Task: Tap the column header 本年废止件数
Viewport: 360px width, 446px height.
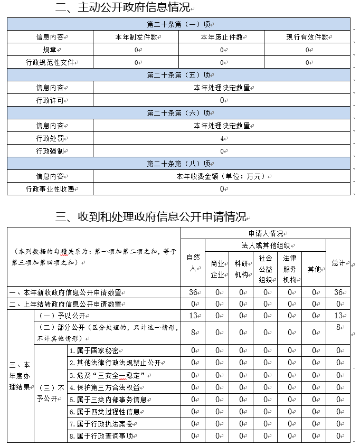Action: click(221, 37)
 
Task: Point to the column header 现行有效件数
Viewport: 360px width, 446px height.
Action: click(307, 37)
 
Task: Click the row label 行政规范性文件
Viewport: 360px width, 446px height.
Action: click(51, 62)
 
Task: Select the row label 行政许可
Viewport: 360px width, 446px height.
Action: click(50, 100)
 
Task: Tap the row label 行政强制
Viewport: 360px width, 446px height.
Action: click(50, 151)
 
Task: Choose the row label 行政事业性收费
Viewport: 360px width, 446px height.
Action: click(50, 189)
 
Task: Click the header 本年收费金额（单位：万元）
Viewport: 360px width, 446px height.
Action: click(221, 176)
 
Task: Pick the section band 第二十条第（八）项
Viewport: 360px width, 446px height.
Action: click(178, 164)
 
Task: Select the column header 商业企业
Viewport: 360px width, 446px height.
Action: click(216, 268)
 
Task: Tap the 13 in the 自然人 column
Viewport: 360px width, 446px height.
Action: click(193, 315)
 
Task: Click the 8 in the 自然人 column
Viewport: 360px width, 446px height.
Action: click(194, 333)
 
